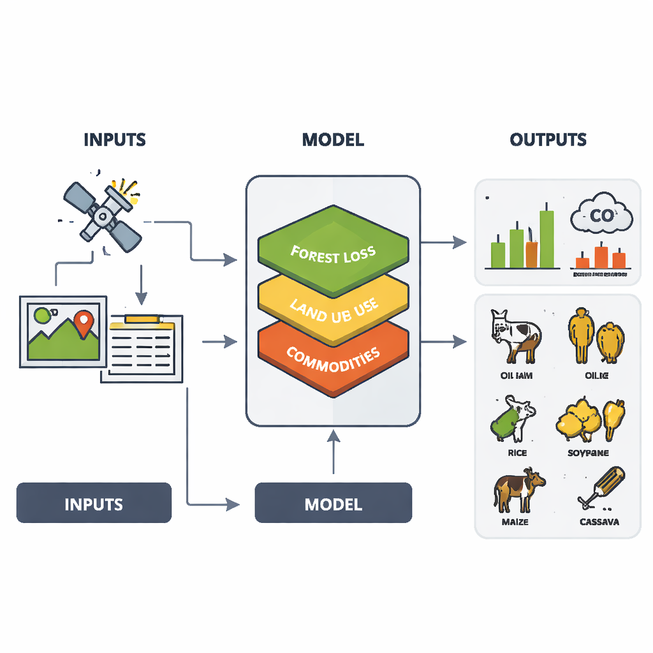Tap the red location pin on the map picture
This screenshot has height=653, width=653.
(x=83, y=323)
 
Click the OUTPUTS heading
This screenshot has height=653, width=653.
(x=548, y=140)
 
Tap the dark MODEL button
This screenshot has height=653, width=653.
(x=333, y=504)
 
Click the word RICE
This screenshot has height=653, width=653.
(x=517, y=453)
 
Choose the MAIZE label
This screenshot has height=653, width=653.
(x=516, y=522)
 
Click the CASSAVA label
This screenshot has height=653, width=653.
(x=599, y=522)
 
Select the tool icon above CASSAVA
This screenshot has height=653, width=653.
(x=601, y=487)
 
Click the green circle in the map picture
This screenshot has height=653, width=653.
(x=42, y=316)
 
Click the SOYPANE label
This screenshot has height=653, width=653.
(x=587, y=453)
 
